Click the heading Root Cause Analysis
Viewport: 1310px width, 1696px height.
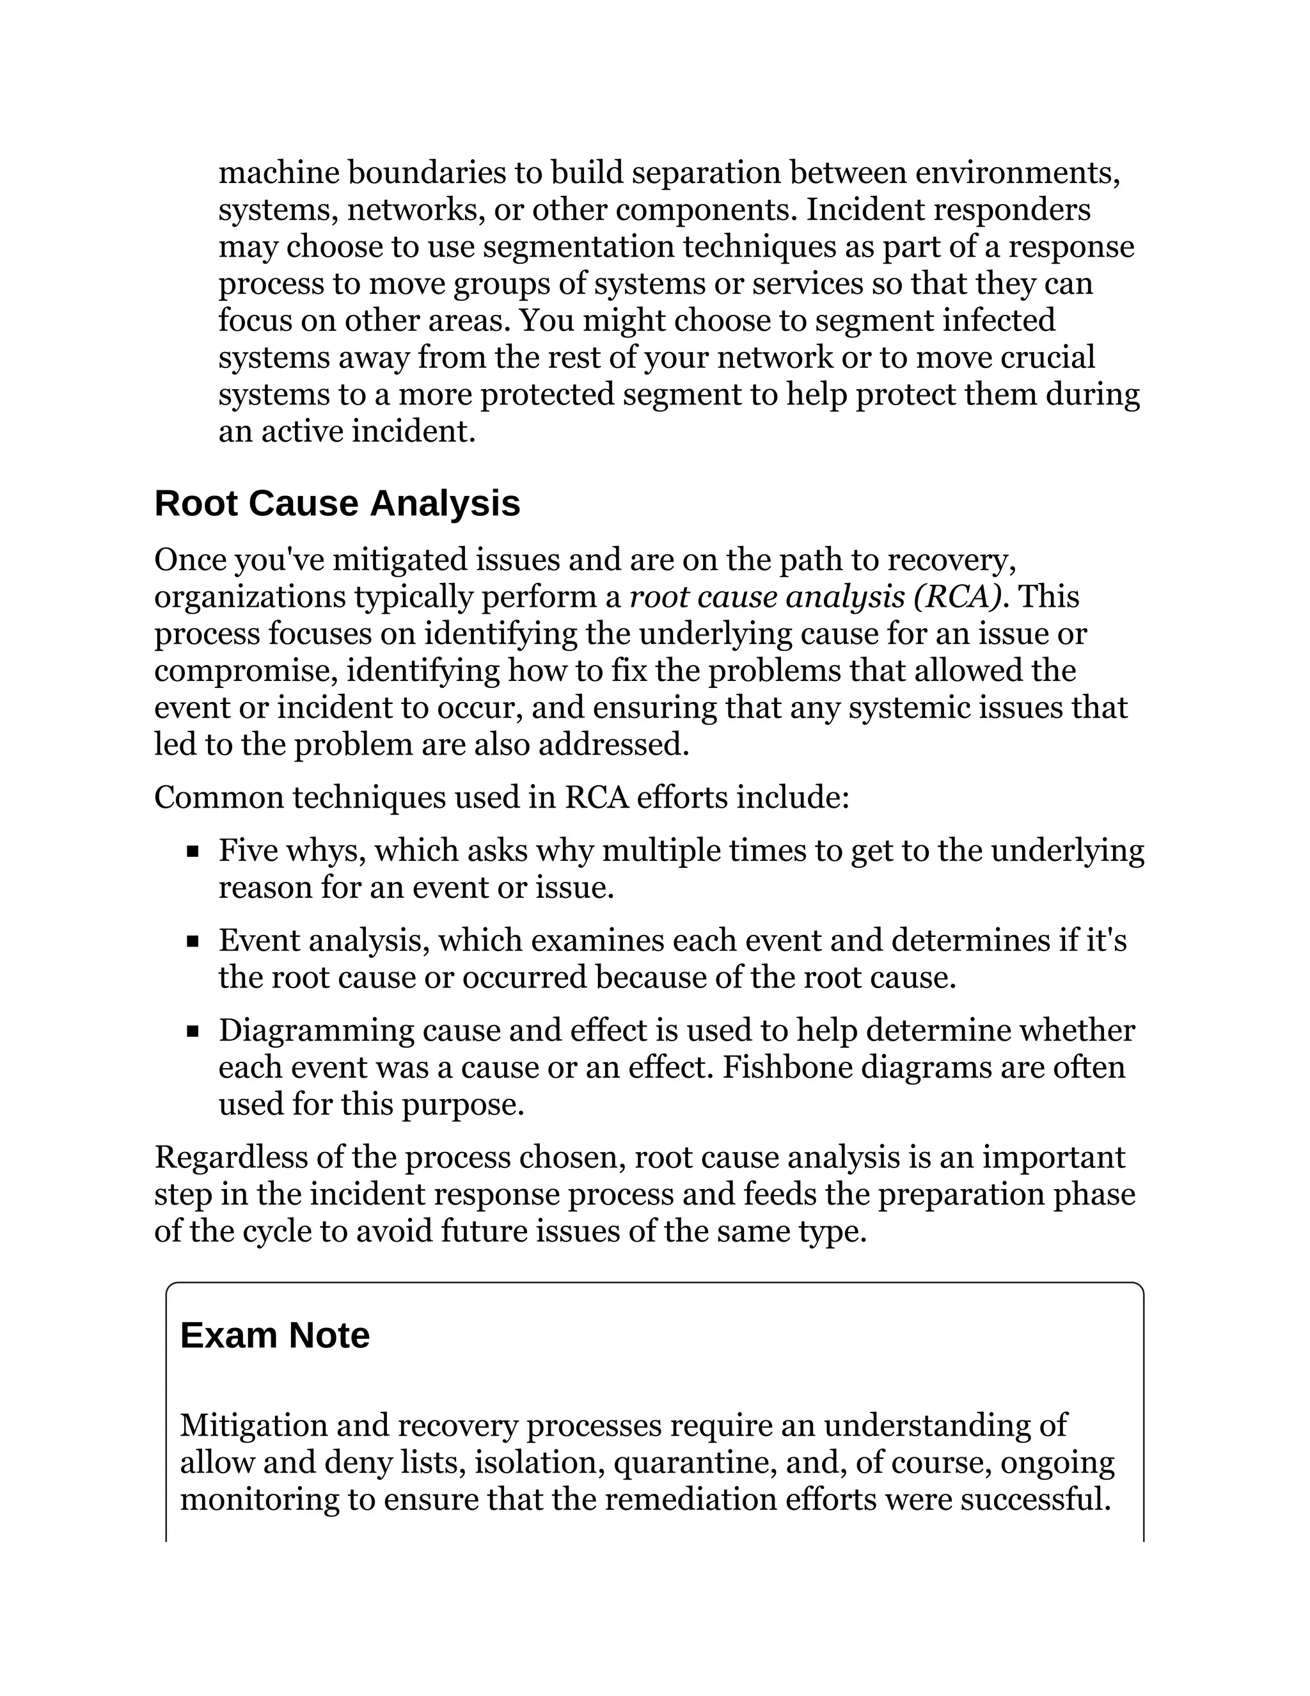coord(337,503)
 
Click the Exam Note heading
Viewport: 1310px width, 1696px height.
coord(274,1336)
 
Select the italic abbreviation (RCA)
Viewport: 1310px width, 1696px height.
coord(957,596)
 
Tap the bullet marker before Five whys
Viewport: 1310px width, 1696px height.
coord(193,852)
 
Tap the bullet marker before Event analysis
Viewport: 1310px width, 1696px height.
coord(193,942)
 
